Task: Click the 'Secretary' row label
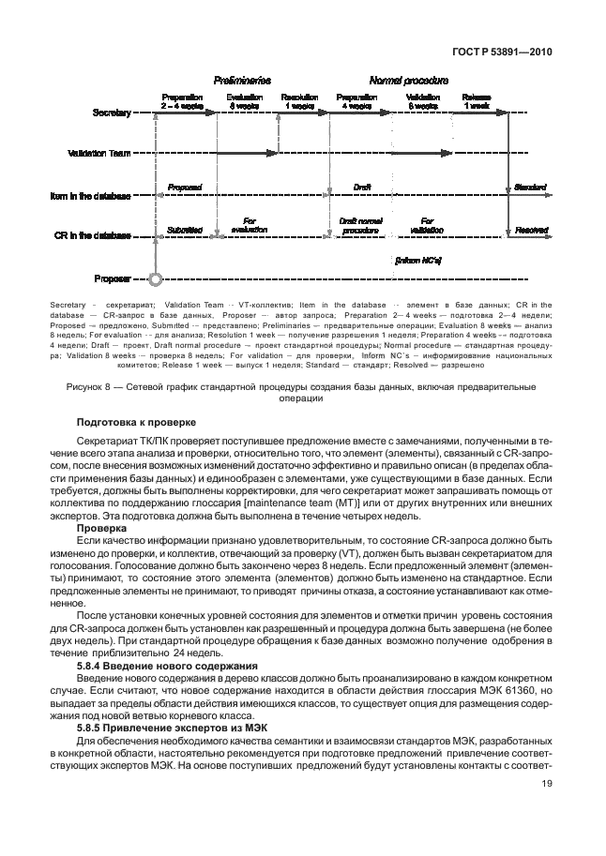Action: coord(112,113)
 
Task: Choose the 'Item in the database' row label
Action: coord(90,197)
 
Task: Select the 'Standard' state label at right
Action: coord(530,188)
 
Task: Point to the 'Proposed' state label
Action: coord(184,188)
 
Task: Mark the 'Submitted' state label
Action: coord(184,227)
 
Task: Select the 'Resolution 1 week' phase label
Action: coord(299,101)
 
